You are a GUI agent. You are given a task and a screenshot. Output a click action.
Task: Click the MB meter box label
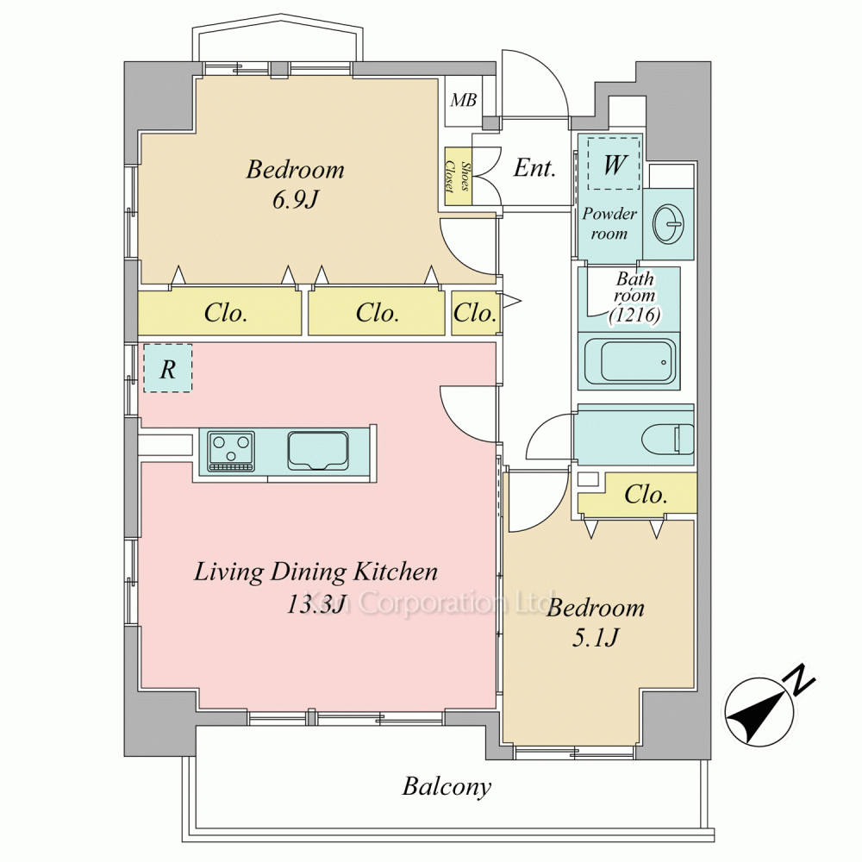(463, 100)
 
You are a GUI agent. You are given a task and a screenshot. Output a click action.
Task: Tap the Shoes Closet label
(458, 176)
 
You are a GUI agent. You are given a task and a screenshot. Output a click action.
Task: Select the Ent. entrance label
(534, 168)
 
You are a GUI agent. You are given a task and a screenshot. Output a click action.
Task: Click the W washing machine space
(614, 163)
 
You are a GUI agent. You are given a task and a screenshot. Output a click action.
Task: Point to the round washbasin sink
(668, 224)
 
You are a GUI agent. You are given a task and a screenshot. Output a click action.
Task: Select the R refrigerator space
(168, 368)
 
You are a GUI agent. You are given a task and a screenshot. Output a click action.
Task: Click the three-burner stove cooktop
(231, 452)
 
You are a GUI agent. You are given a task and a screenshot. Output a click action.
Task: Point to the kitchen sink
(318, 451)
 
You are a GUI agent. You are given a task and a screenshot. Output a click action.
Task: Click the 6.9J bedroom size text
(295, 200)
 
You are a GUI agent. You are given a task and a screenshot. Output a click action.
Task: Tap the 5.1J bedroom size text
(596, 638)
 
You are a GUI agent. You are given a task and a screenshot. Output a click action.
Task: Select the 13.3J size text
(315, 604)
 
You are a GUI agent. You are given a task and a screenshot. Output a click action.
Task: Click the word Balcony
(447, 787)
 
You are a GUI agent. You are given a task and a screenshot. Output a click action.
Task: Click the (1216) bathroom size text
(634, 315)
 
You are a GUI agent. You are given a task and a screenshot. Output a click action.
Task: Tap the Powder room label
(609, 223)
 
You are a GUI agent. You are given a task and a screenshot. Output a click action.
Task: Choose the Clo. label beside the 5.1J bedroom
(646, 495)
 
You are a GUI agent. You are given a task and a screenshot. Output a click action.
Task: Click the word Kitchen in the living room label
(395, 572)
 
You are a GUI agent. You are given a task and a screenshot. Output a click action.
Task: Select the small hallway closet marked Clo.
(475, 313)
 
